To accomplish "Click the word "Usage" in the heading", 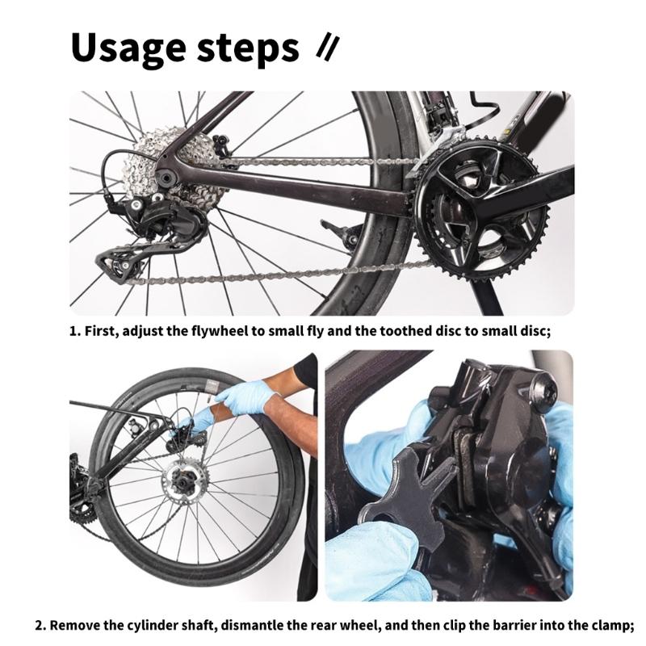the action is [x=128, y=48].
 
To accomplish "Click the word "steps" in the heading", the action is [x=248, y=49].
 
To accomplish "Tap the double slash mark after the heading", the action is [x=328, y=48].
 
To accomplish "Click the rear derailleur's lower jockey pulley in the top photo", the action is [x=121, y=266].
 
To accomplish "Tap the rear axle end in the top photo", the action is [x=167, y=178].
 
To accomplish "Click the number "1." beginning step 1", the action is [x=74, y=332].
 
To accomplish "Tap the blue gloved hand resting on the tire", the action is [x=243, y=397].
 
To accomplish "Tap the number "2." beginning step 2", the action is [x=41, y=626].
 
